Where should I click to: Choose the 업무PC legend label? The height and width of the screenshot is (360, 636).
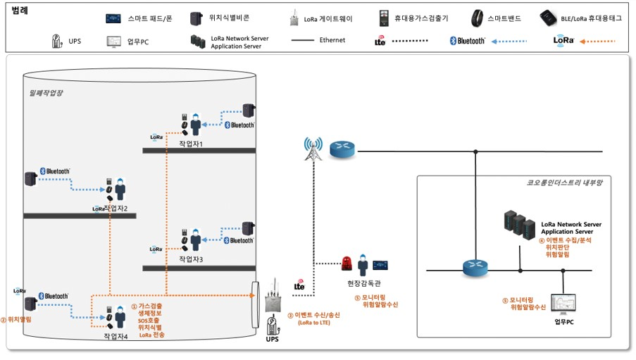pos(138,42)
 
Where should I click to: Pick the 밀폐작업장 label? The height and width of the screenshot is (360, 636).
pos(46,92)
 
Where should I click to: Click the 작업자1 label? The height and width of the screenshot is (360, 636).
pos(191,144)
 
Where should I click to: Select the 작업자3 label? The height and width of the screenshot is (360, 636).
pos(191,259)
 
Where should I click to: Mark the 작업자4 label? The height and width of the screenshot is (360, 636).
pos(116,337)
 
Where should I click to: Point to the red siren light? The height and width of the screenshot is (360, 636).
pos(347,264)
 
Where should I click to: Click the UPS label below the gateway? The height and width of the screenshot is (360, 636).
pos(272,340)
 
